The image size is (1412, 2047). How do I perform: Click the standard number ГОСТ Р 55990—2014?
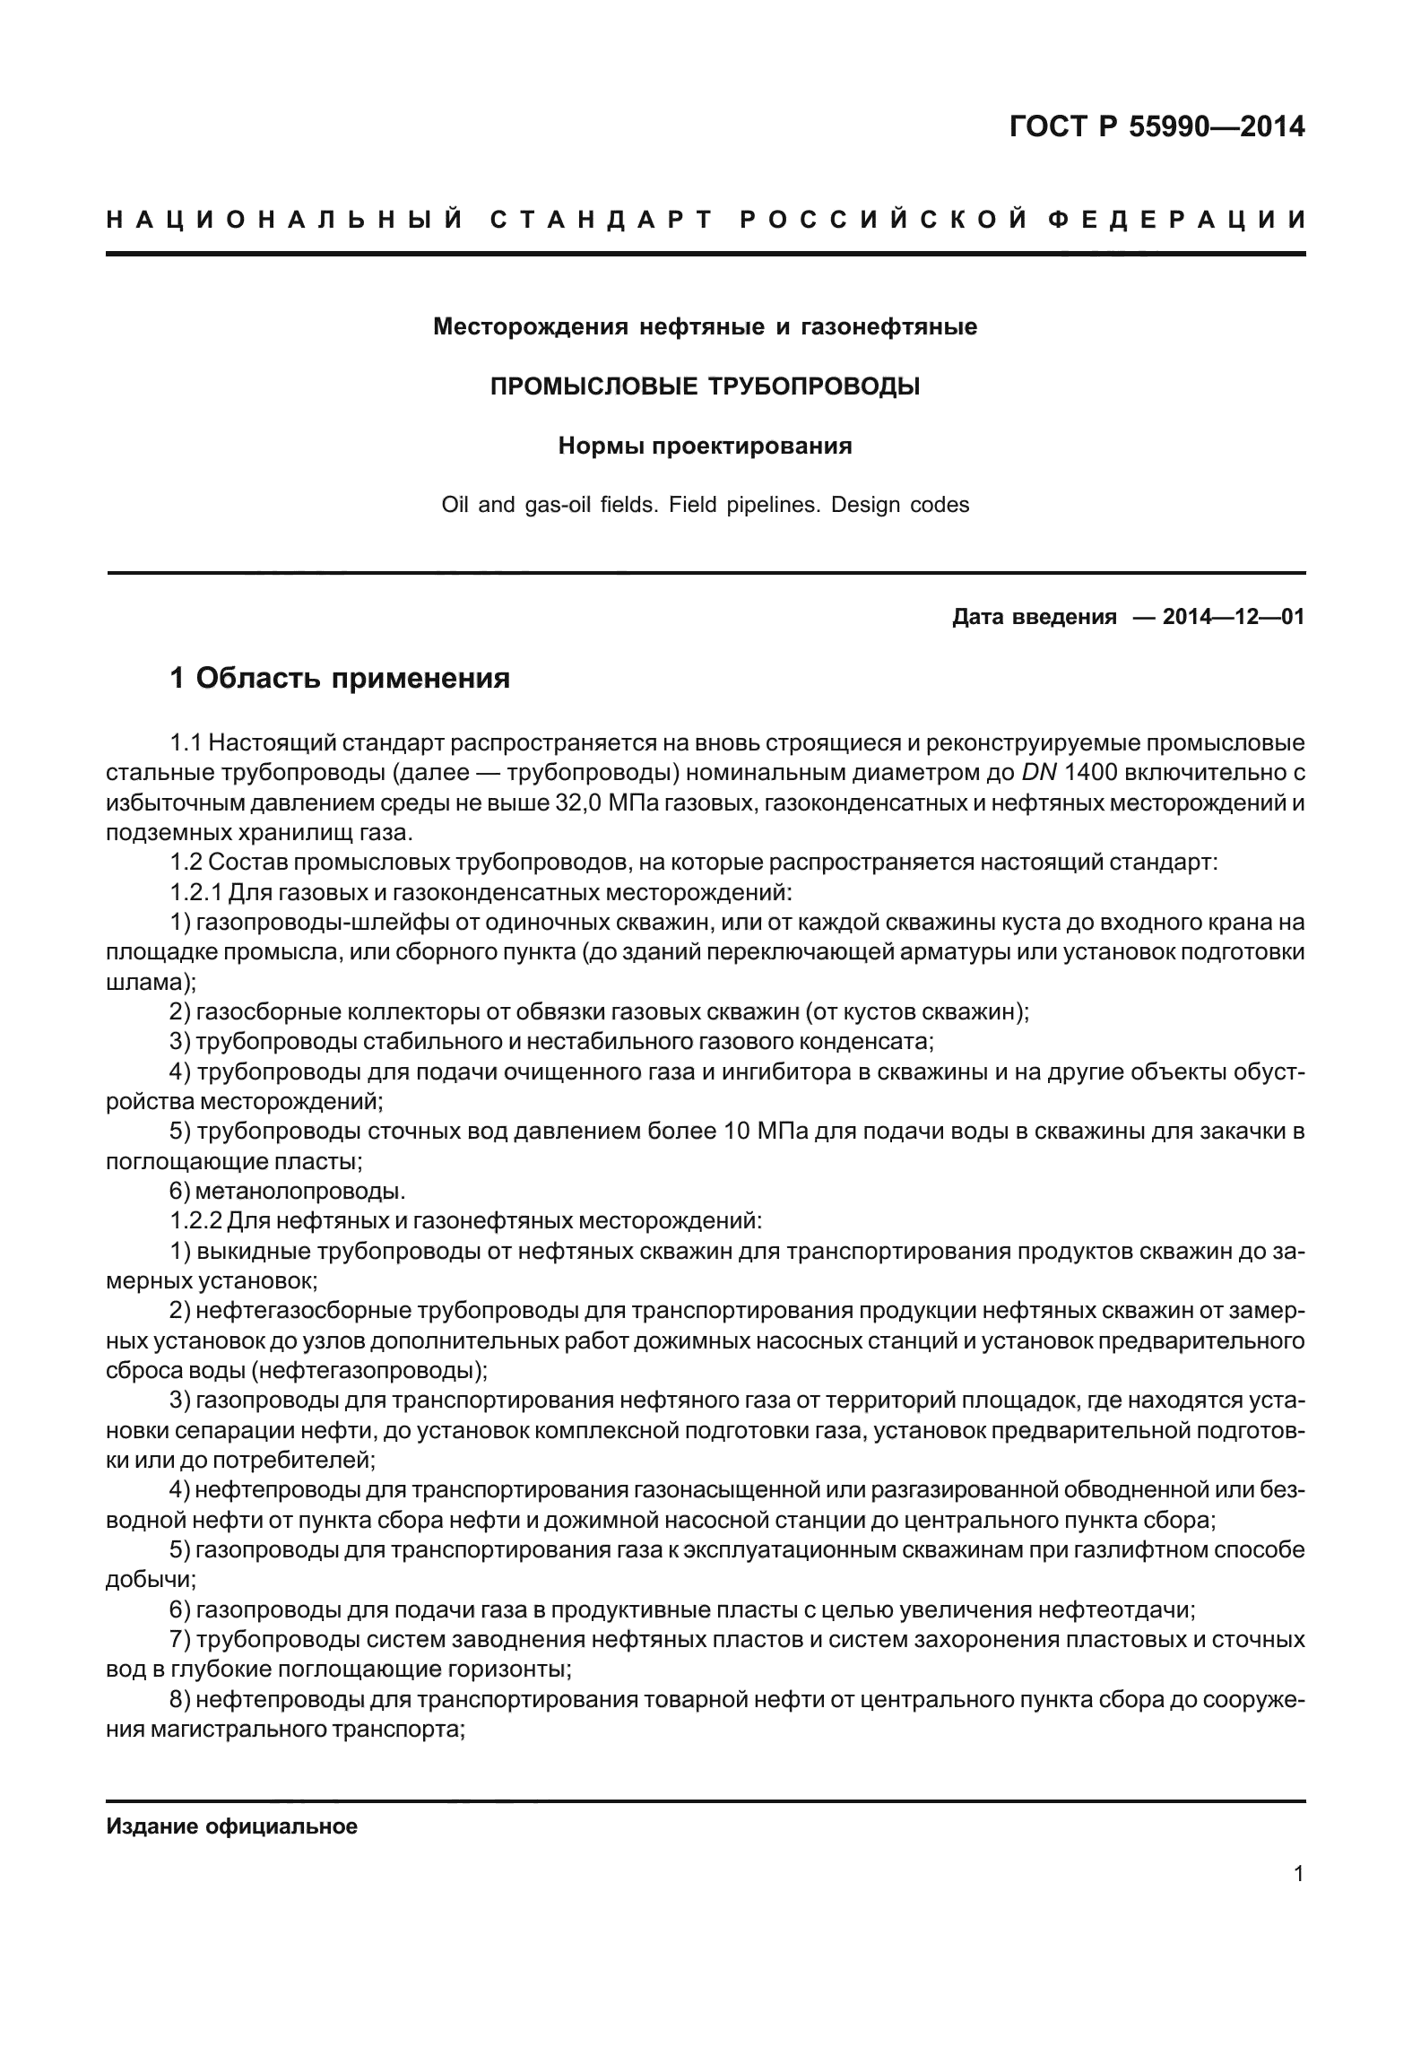[1156, 127]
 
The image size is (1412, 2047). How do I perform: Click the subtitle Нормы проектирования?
[705, 446]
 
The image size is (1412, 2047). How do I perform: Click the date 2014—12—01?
[1233, 617]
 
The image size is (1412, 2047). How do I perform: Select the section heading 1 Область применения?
[340, 678]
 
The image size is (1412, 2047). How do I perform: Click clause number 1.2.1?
[196, 892]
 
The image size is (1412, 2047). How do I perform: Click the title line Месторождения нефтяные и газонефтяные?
[705, 327]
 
